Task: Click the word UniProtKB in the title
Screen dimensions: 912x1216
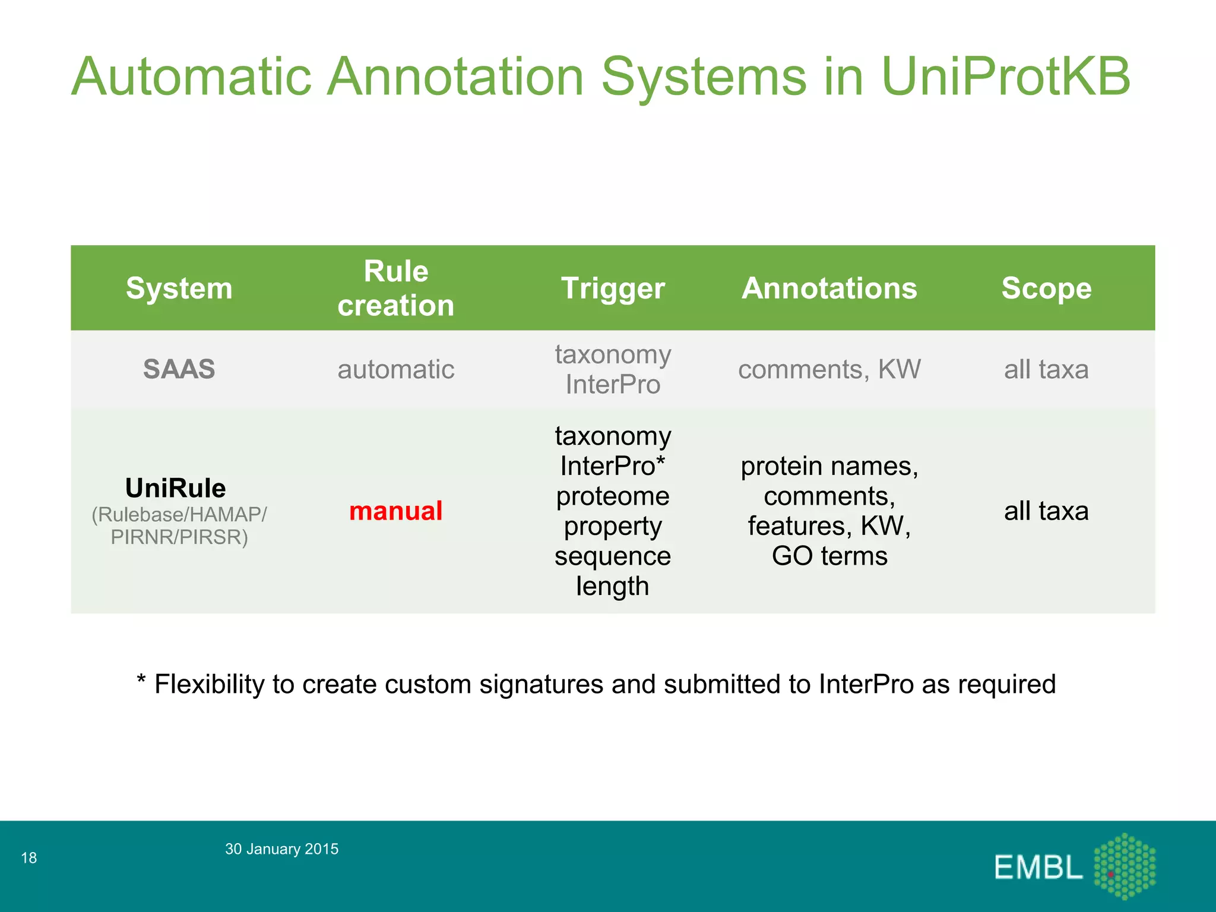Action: [x=1005, y=77]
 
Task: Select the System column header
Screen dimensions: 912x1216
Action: [x=179, y=289]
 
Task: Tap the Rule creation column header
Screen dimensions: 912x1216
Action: [x=395, y=289]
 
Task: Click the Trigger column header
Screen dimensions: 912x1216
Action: [x=613, y=289]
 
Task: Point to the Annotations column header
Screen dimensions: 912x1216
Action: [x=829, y=289]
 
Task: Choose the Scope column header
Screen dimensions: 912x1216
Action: [x=1046, y=289]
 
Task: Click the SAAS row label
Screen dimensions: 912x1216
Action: [x=179, y=369]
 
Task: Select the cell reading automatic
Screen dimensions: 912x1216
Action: [x=395, y=369]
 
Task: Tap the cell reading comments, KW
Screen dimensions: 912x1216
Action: [x=829, y=369]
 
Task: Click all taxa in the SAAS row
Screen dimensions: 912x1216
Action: [x=1046, y=369]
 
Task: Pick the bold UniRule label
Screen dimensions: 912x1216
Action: [x=176, y=488]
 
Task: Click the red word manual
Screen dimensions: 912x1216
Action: [x=395, y=511]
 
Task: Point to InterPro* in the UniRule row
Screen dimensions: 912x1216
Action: [x=613, y=466]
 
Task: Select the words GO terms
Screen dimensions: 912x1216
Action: [x=829, y=556]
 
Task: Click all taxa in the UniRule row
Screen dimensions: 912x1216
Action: [x=1046, y=511]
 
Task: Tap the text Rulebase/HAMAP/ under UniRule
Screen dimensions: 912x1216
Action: [x=179, y=515]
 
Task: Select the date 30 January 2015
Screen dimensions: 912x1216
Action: [x=281, y=849]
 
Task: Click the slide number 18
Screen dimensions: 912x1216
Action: [x=28, y=858]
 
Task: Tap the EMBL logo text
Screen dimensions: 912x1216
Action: [x=1038, y=867]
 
